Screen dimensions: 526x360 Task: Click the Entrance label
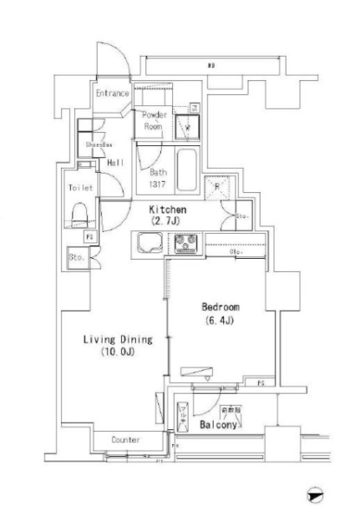point(111,94)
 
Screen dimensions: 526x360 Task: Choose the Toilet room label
point(80,188)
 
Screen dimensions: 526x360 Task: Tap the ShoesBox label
point(99,144)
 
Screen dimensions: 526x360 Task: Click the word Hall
point(116,163)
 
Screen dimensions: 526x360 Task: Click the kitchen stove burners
point(185,245)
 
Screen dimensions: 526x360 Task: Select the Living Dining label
point(117,339)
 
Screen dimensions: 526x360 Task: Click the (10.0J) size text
point(117,353)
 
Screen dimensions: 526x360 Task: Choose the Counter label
point(126,439)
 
